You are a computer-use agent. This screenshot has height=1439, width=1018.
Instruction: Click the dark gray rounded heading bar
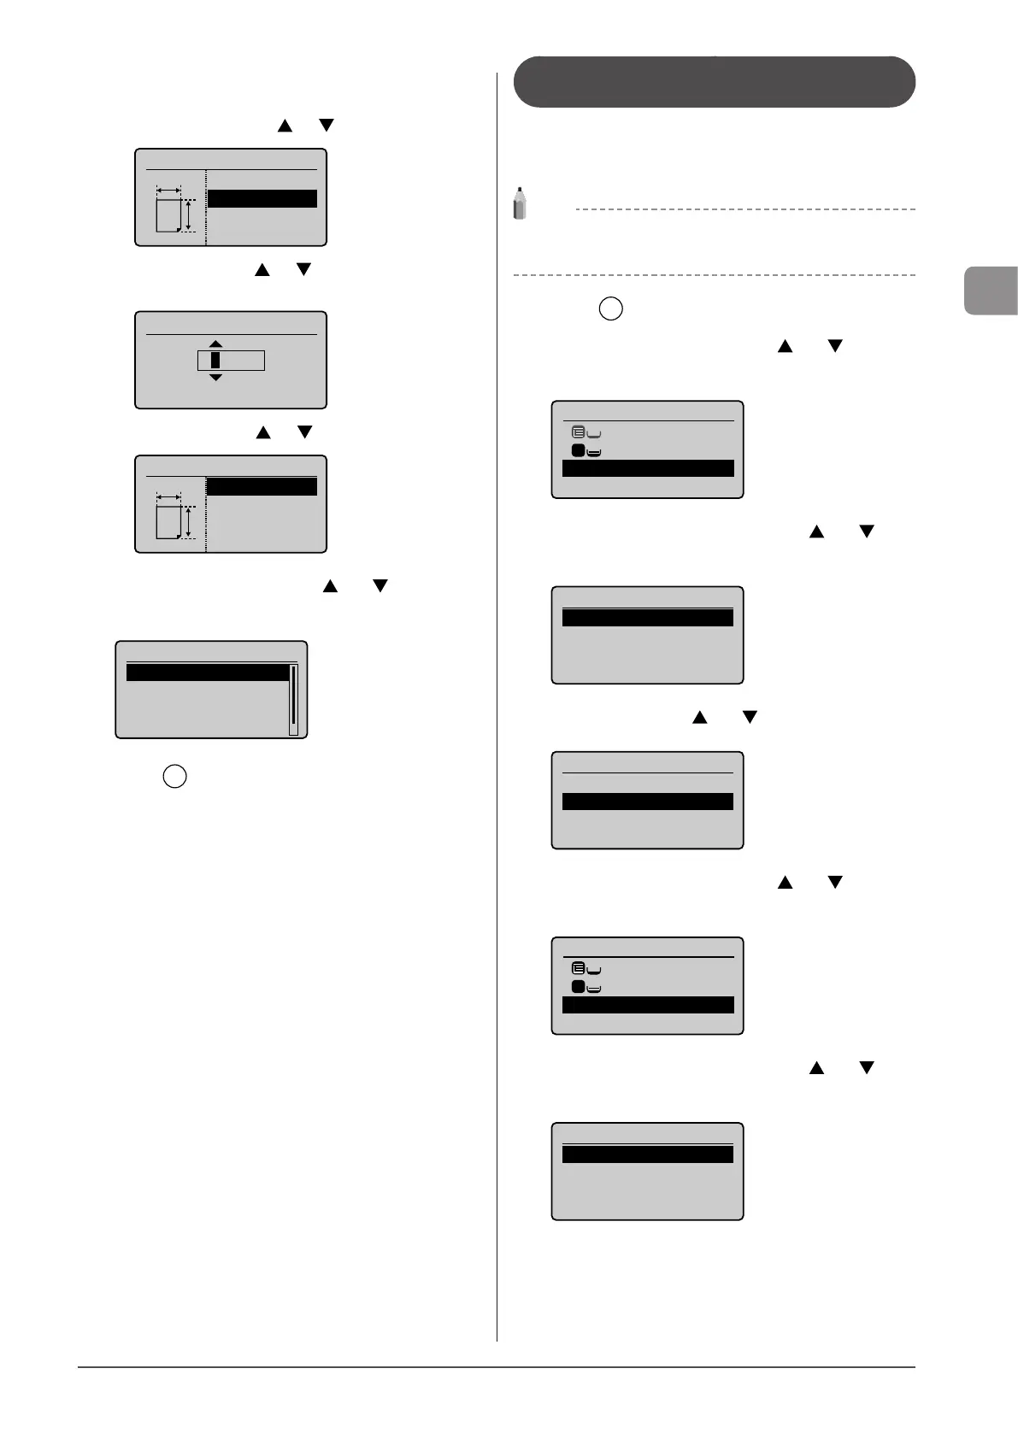pyautogui.click(x=714, y=82)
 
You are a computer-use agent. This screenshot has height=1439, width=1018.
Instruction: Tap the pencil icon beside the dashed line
pyautogui.click(x=519, y=203)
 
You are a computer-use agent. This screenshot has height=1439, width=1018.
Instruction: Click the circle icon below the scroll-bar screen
pyautogui.click(x=174, y=777)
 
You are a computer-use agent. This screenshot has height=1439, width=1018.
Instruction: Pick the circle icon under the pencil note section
pyautogui.click(x=610, y=308)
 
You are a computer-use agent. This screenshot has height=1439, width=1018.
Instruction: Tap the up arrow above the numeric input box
pyautogui.click(x=215, y=344)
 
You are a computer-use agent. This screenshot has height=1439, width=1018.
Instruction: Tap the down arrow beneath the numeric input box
pyautogui.click(x=215, y=377)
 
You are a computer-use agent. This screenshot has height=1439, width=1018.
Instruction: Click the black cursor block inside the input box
pyautogui.click(x=215, y=360)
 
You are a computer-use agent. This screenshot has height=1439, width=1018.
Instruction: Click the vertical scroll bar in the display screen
pyautogui.click(x=293, y=699)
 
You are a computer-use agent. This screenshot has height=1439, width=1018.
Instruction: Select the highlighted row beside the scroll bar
pyautogui.click(x=207, y=673)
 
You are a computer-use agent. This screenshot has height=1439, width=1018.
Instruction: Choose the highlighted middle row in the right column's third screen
pyautogui.click(x=647, y=802)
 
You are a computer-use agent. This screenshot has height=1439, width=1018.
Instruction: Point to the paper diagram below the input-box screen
pyautogui.click(x=176, y=517)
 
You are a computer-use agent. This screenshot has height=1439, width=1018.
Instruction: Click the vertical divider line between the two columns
pyautogui.click(x=497, y=684)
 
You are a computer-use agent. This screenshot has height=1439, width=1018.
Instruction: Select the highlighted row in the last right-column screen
pyautogui.click(x=647, y=1154)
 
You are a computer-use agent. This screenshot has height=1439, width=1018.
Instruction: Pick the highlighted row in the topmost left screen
pyautogui.click(x=262, y=198)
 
